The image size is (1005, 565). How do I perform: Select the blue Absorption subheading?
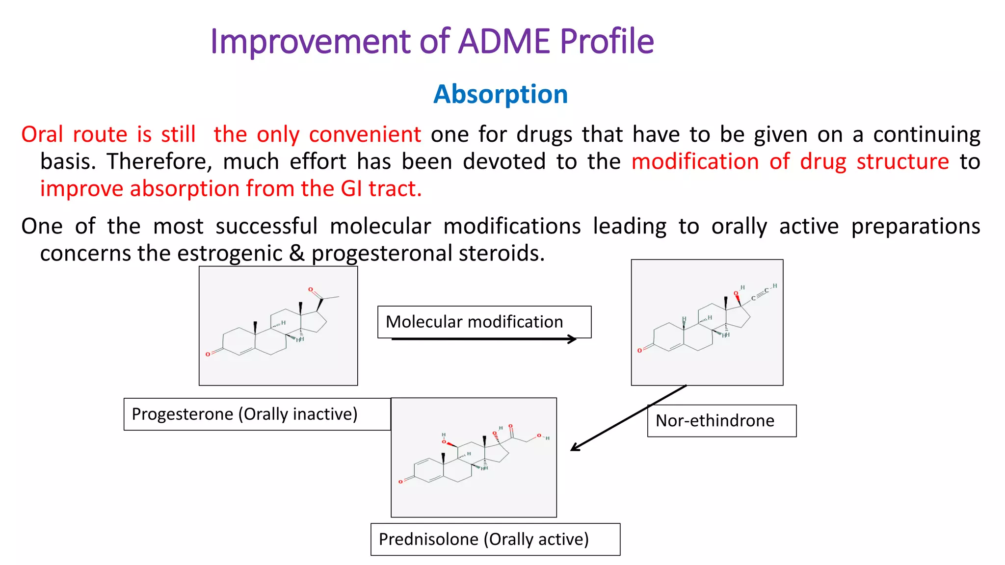tap(501, 94)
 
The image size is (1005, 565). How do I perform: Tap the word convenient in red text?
tap(365, 134)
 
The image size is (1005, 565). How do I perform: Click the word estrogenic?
tap(230, 254)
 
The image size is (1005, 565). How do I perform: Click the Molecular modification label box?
tap(484, 322)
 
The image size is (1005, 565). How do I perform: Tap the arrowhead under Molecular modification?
tap(572, 339)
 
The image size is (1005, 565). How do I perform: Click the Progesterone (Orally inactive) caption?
tap(245, 414)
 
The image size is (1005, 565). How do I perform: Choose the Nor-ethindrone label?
tap(715, 421)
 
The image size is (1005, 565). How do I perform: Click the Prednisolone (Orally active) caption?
tap(484, 539)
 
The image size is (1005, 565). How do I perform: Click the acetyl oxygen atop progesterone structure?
tap(310, 290)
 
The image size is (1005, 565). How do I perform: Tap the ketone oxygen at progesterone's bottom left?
tap(208, 354)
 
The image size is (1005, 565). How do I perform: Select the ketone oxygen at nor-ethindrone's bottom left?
tap(639, 351)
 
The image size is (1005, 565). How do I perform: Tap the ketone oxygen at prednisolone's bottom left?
tap(400, 482)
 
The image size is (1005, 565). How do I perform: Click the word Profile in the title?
tap(607, 41)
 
